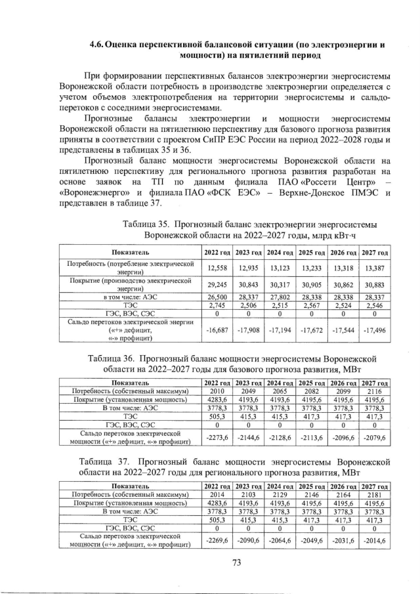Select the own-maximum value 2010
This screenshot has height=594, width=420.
tap(217, 392)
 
